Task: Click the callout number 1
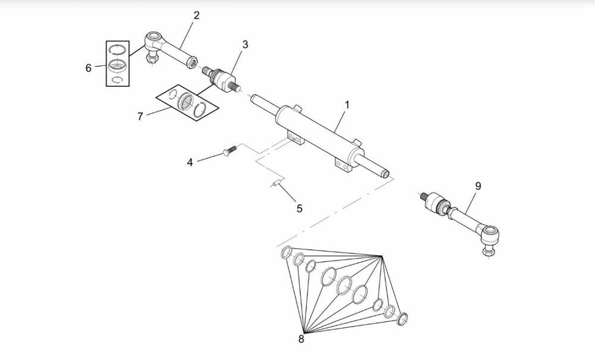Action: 347,105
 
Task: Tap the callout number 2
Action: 196,15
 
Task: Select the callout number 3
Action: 245,45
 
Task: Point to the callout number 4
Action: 190,162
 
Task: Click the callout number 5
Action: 299,209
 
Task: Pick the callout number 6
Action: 89,68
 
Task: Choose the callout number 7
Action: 140,117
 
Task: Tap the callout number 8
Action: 301,339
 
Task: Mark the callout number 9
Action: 478,186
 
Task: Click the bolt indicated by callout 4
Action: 230,151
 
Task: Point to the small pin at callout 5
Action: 276,183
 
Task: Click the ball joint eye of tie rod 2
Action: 154,39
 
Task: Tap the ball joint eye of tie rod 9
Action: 491,232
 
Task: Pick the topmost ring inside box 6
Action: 118,49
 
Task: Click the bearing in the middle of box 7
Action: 186,101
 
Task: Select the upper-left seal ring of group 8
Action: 286,252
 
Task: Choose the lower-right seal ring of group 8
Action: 402,319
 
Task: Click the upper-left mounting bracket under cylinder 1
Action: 296,137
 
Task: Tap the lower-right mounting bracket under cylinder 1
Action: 344,165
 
